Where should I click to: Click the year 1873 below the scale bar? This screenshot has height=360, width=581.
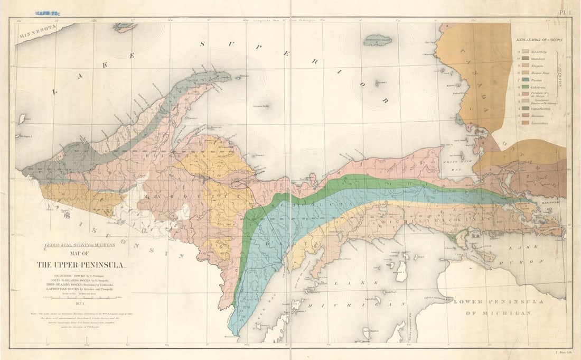pos(80,304)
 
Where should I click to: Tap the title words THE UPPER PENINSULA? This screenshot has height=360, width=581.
pos(81,265)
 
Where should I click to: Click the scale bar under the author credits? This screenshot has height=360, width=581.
pos(79,298)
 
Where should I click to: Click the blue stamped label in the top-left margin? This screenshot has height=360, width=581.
pos(48,12)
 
